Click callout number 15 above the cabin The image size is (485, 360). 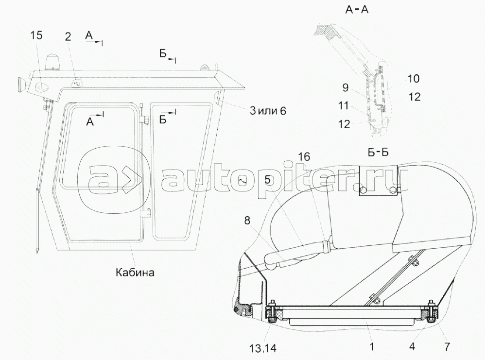pos(36,35)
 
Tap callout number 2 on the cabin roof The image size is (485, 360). pos(68,36)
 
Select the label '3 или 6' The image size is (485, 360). pos(268,111)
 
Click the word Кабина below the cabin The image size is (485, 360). pos(135,272)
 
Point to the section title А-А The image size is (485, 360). pos(357,10)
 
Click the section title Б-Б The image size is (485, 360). pos(378,152)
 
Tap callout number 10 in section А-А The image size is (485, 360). pos(413,78)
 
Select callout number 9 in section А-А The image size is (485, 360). pos(346,87)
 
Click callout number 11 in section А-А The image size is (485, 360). pos(343,105)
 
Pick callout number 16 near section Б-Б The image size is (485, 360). pos(304,156)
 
